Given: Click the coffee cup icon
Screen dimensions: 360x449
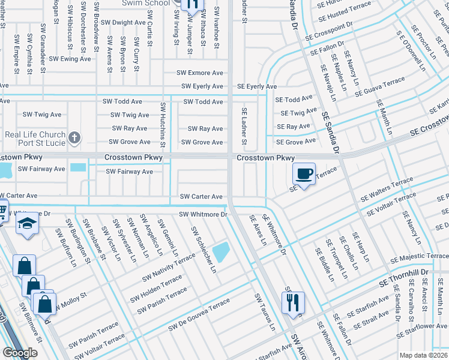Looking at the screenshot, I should [x=304, y=174].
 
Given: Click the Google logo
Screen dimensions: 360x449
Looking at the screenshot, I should [x=19, y=353].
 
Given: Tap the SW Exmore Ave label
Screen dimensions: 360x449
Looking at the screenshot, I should [x=199, y=73].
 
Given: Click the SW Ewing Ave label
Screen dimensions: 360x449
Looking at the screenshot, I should [x=70, y=59].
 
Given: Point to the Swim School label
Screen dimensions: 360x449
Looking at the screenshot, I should [x=145, y=3].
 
